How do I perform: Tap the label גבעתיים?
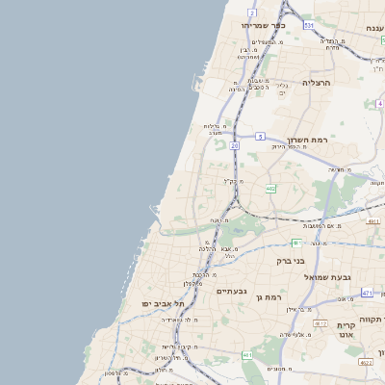coord(232,290)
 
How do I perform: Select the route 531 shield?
coord(309,26)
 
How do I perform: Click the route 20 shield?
coord(234,144)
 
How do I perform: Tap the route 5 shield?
coord(260,137)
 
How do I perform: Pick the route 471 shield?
coord(367,292)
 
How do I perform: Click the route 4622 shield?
coord(365,363)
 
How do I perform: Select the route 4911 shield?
coord(372,221)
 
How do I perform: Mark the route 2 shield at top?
coord(252,13)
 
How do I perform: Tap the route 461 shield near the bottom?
coord(247,355)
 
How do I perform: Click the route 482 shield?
coord(270,189)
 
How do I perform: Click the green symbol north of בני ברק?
coord(297,243)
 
